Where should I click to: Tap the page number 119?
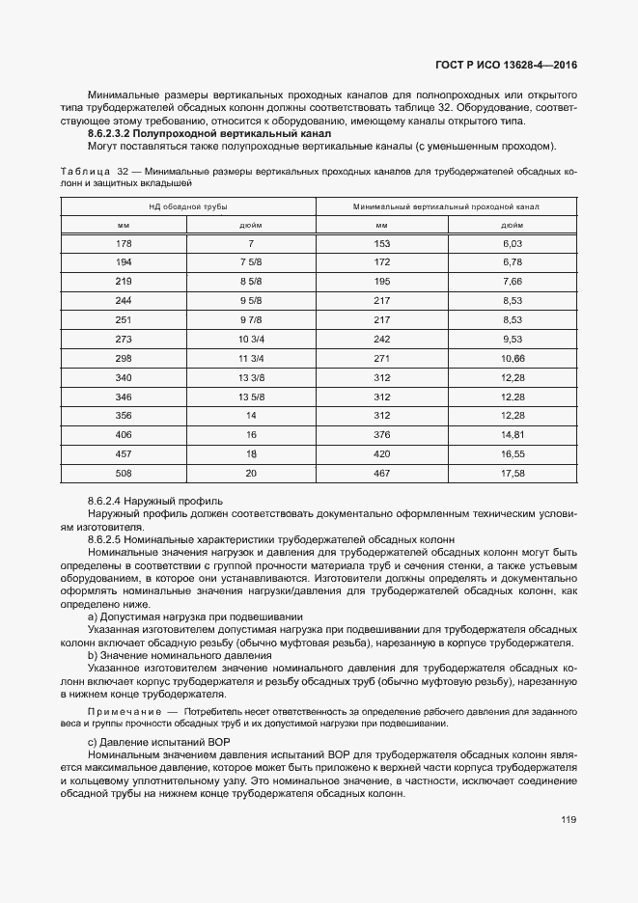pyautogui.click(x=569, y=820)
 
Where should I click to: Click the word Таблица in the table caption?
pyautogui.click(x=84, y=171)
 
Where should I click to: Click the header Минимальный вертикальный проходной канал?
pyautogui.click(x=446, y=206)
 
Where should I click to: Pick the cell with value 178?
pyautogui.click(x=123, y=244)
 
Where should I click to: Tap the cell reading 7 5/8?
pyautogui.click(x=250, y=262)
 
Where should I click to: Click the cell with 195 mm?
pyautogui.click(x=381, y=281)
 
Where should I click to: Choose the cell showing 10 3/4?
pyautogui.click(x=250, y=340)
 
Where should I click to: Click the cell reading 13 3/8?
pyautogui.click(x=250, y=377)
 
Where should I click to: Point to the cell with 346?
pyautogui.click(x=123, y=397)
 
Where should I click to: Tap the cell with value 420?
pyautogui.click(x=381, y=452)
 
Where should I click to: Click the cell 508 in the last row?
pyautogui.click(x=123, y=473)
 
